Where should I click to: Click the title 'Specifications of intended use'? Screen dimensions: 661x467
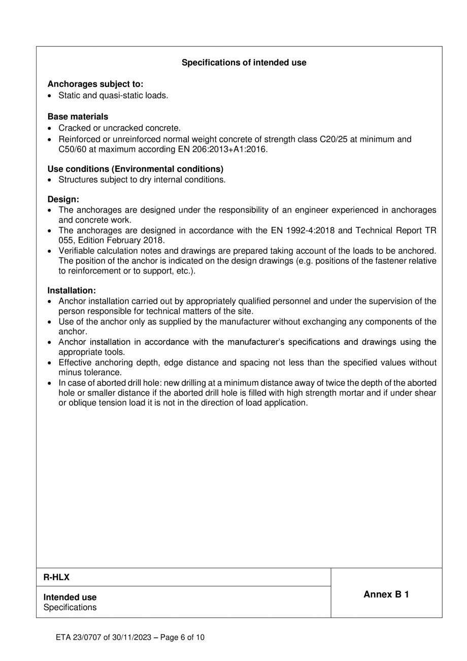(244, 63)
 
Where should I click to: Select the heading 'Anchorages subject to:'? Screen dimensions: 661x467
(95, 84)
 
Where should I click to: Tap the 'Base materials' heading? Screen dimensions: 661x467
(78, 117)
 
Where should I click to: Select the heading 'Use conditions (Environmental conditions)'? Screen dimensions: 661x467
(135, 169)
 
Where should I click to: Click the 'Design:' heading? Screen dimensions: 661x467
(63, 200)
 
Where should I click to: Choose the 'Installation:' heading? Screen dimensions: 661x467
(72, 291)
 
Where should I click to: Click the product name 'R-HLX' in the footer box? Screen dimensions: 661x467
(56, 577)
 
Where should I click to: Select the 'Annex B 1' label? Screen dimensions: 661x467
(386, 594)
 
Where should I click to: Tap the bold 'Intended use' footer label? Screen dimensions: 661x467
(70, 597)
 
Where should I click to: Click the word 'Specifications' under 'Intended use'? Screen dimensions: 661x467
(70, 607)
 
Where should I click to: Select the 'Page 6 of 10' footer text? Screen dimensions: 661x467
(182, 637)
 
